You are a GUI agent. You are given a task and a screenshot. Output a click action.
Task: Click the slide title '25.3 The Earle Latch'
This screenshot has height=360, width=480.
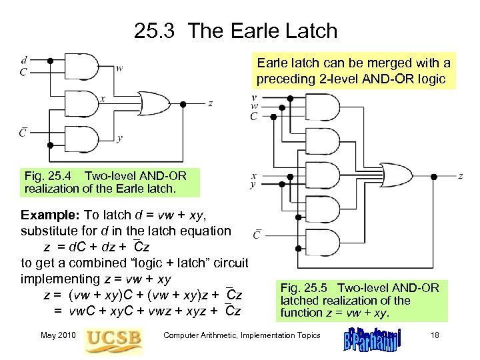click(235, 31)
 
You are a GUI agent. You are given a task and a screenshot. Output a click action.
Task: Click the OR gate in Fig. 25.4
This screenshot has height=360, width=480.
click(155, 103)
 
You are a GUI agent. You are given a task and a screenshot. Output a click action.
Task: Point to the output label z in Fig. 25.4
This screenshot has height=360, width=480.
click(211, 103)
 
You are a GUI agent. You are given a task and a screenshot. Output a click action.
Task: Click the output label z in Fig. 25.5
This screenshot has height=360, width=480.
click(461, 176)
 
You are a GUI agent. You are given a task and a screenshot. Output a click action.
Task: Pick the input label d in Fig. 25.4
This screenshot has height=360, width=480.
click(24, 60)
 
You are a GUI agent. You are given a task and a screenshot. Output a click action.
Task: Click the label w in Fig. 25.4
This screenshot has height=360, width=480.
click(119, 67)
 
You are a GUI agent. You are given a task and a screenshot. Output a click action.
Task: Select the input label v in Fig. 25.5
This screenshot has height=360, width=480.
click(254, 97)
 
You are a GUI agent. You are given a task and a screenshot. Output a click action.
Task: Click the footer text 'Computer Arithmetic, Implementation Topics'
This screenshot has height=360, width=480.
click(242, 335)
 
